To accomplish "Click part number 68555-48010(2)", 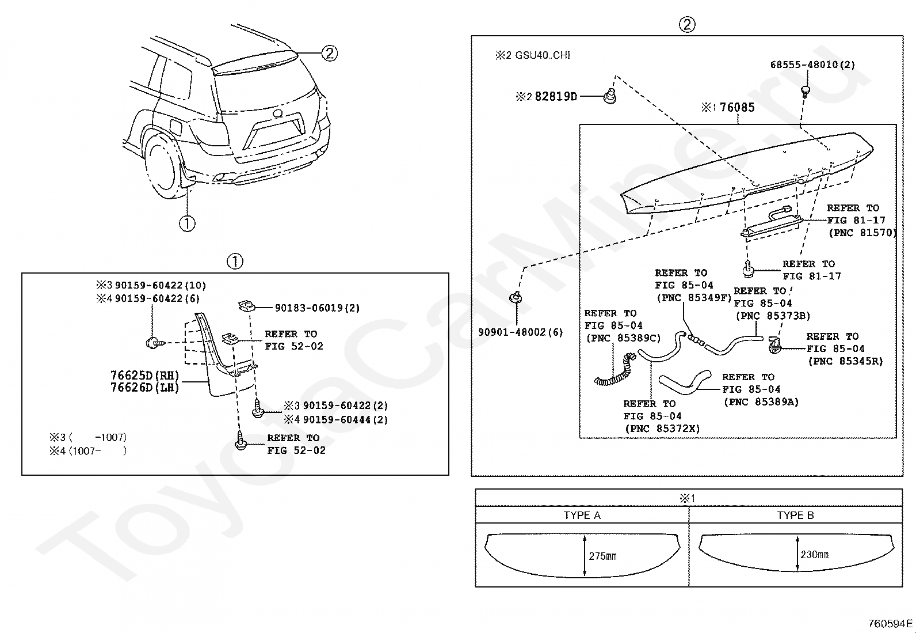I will point(812,65).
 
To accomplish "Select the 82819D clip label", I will point(555,97).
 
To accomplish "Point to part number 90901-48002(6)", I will point(520,332).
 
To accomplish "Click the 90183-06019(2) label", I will point(317,308).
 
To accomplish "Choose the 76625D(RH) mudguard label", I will point(144,376).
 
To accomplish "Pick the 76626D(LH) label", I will point(144,388).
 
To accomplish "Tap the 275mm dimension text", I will point(602,556).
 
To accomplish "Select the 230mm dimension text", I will point(814,555).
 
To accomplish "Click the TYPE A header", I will point(582,516).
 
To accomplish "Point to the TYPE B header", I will point(795,516).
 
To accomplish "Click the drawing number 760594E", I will point(890,623).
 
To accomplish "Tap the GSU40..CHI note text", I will point(541,55).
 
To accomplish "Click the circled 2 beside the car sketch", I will point(329,54).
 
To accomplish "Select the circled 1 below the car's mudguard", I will point(187,223).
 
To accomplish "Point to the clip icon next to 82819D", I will point(610,96).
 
